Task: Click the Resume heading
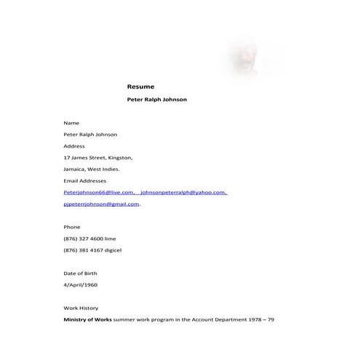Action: click(x=140, y=86)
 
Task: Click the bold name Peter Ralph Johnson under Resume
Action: click(x=156, y=100)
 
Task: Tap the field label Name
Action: click(x=71, y=123)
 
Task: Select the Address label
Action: click(x=74, y=145)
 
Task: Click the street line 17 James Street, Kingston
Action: click(x=98, y=157)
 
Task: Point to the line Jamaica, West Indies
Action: click(x=92, y=169)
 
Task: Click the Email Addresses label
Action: click(x=85, y=180)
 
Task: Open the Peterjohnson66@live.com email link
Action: click(x=99, y=193)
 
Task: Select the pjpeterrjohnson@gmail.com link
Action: click(x=101, y=204)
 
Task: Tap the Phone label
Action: click(x=72, y=227)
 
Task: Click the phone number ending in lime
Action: click(x=89, y=239)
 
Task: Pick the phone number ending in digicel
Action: click(x=92, y=250)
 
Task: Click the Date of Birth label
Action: click(x=80, y=273)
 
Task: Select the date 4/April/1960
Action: click(x=80, y=284)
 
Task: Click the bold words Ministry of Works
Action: click(x=88, y=320)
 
